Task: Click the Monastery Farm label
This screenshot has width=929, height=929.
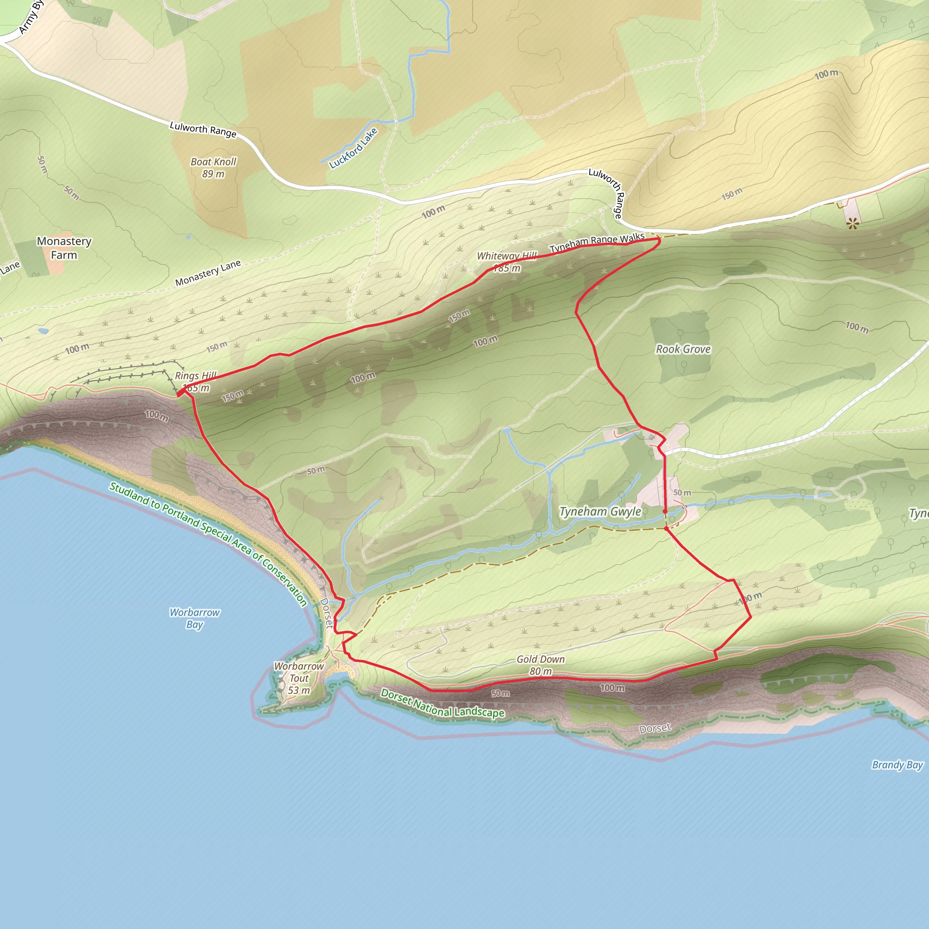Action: pos(64,248)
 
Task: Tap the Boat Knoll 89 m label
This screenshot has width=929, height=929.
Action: pos(214,168)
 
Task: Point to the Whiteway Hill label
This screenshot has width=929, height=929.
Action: pos(506,256)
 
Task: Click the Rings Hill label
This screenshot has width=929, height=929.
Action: pos(196,376)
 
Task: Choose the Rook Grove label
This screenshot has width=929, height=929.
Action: pos(683,349)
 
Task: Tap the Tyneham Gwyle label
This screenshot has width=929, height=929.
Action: pos(600,512)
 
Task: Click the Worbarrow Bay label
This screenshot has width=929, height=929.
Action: pos(194,618)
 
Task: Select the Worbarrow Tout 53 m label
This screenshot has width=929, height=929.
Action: pos(299,678)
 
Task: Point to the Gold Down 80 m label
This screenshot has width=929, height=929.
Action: pos(540,665)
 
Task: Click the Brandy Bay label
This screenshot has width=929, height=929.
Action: pos(897,764)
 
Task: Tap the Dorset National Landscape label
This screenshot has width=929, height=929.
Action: pos(442,703)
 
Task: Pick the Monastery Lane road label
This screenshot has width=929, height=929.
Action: pos(208,273)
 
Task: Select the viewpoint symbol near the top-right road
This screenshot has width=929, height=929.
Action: pos(852,223)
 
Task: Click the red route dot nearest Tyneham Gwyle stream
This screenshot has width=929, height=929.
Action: pos(665,512)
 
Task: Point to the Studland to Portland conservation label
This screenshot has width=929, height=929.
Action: pos(208,544)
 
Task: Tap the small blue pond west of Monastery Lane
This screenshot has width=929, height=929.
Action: pos(42,331)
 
